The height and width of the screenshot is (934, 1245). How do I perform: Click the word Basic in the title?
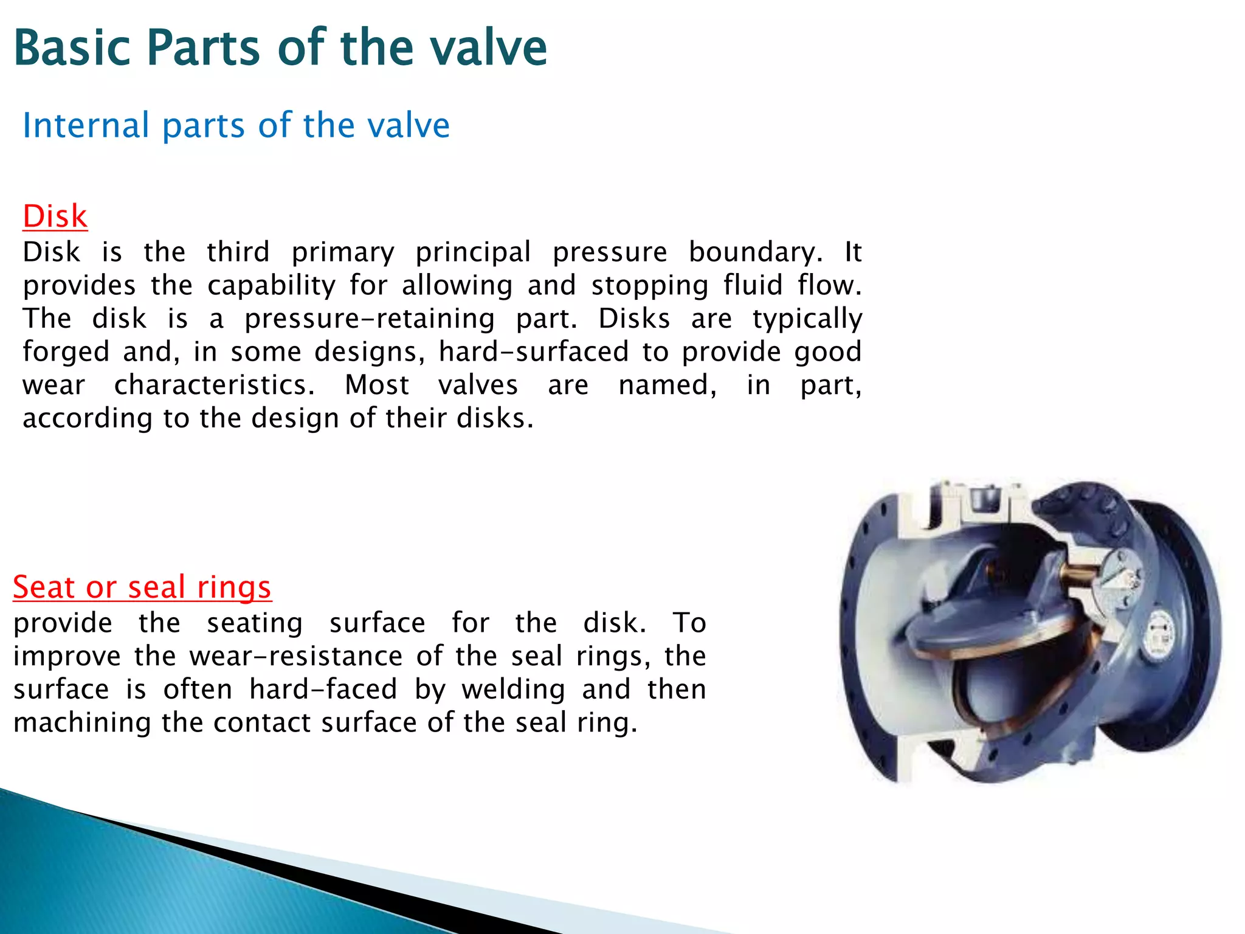click(x=72, y=48)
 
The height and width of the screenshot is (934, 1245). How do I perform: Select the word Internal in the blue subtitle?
click(x=86, y=126)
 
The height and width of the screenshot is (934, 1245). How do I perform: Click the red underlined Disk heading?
click(x=55, y=216)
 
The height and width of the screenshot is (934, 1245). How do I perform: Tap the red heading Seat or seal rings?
click(x=142, y=587)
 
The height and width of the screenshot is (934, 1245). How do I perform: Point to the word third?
click(x=238, y=252)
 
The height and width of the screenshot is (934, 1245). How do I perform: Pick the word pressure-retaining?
click(x=370, y=319)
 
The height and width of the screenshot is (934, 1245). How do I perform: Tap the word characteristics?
click(x=214, y=386)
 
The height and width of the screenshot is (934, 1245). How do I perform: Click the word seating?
click(x=255, y=623)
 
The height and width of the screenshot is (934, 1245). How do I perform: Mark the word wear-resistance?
click(x=295, y=657)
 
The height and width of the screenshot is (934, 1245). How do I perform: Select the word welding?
click(x=513, y=690)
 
